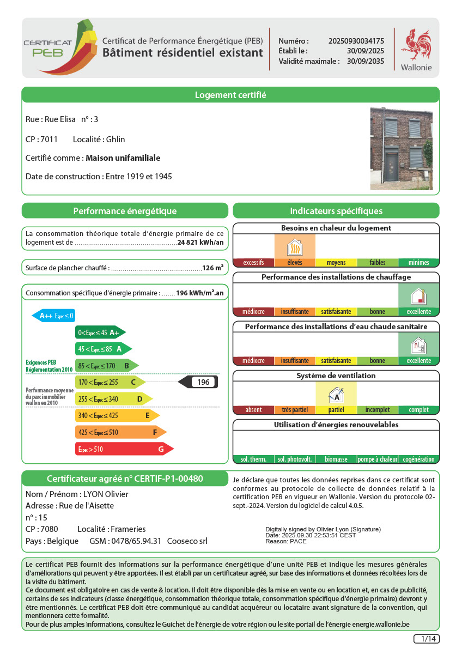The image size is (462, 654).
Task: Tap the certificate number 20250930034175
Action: tap(356, 41)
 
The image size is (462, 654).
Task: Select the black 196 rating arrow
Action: tap(198, 382)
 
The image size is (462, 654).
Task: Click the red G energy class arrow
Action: tap(124, 449)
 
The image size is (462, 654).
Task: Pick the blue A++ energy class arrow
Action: tap(53, 316)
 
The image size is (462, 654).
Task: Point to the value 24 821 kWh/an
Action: tap(200, 243)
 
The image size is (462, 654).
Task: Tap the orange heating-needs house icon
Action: tap(295, 247)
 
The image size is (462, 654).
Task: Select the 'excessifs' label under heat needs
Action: tap(253, 263)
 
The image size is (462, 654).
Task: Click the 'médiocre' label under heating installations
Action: tap(253, 312)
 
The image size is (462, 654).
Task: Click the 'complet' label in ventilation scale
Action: tap(418, 410)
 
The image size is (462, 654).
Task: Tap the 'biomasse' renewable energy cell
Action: tap(336, 459)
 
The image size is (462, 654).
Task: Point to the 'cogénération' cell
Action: tap(418, 459)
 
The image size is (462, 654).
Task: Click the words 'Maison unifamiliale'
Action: tap(123, 158)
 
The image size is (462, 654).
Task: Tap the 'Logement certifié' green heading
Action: tap(230, 95)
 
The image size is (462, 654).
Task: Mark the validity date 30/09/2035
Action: tap(366, 61)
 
